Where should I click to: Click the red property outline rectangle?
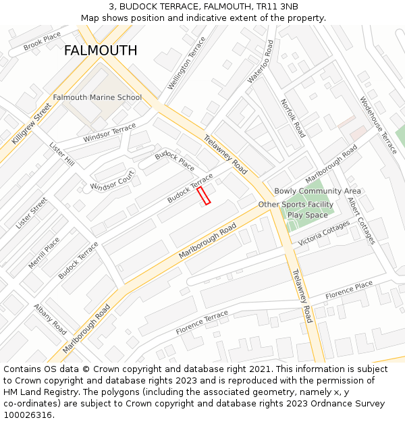203,196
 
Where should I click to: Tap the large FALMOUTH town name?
101,51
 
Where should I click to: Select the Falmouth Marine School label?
97,97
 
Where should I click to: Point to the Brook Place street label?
42,42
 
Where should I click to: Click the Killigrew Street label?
31,124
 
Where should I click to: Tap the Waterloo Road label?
261,61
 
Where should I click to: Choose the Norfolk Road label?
293,118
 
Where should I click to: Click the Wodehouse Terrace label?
379,125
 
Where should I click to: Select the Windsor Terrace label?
109,134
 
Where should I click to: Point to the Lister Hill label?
62,154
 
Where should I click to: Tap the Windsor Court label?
113,181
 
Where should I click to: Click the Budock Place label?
174,161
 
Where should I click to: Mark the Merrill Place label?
44,253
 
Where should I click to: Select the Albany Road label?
50,319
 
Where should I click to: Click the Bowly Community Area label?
317,191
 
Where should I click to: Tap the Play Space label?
307,215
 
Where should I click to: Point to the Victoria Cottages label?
324,234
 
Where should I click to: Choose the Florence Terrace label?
202,323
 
